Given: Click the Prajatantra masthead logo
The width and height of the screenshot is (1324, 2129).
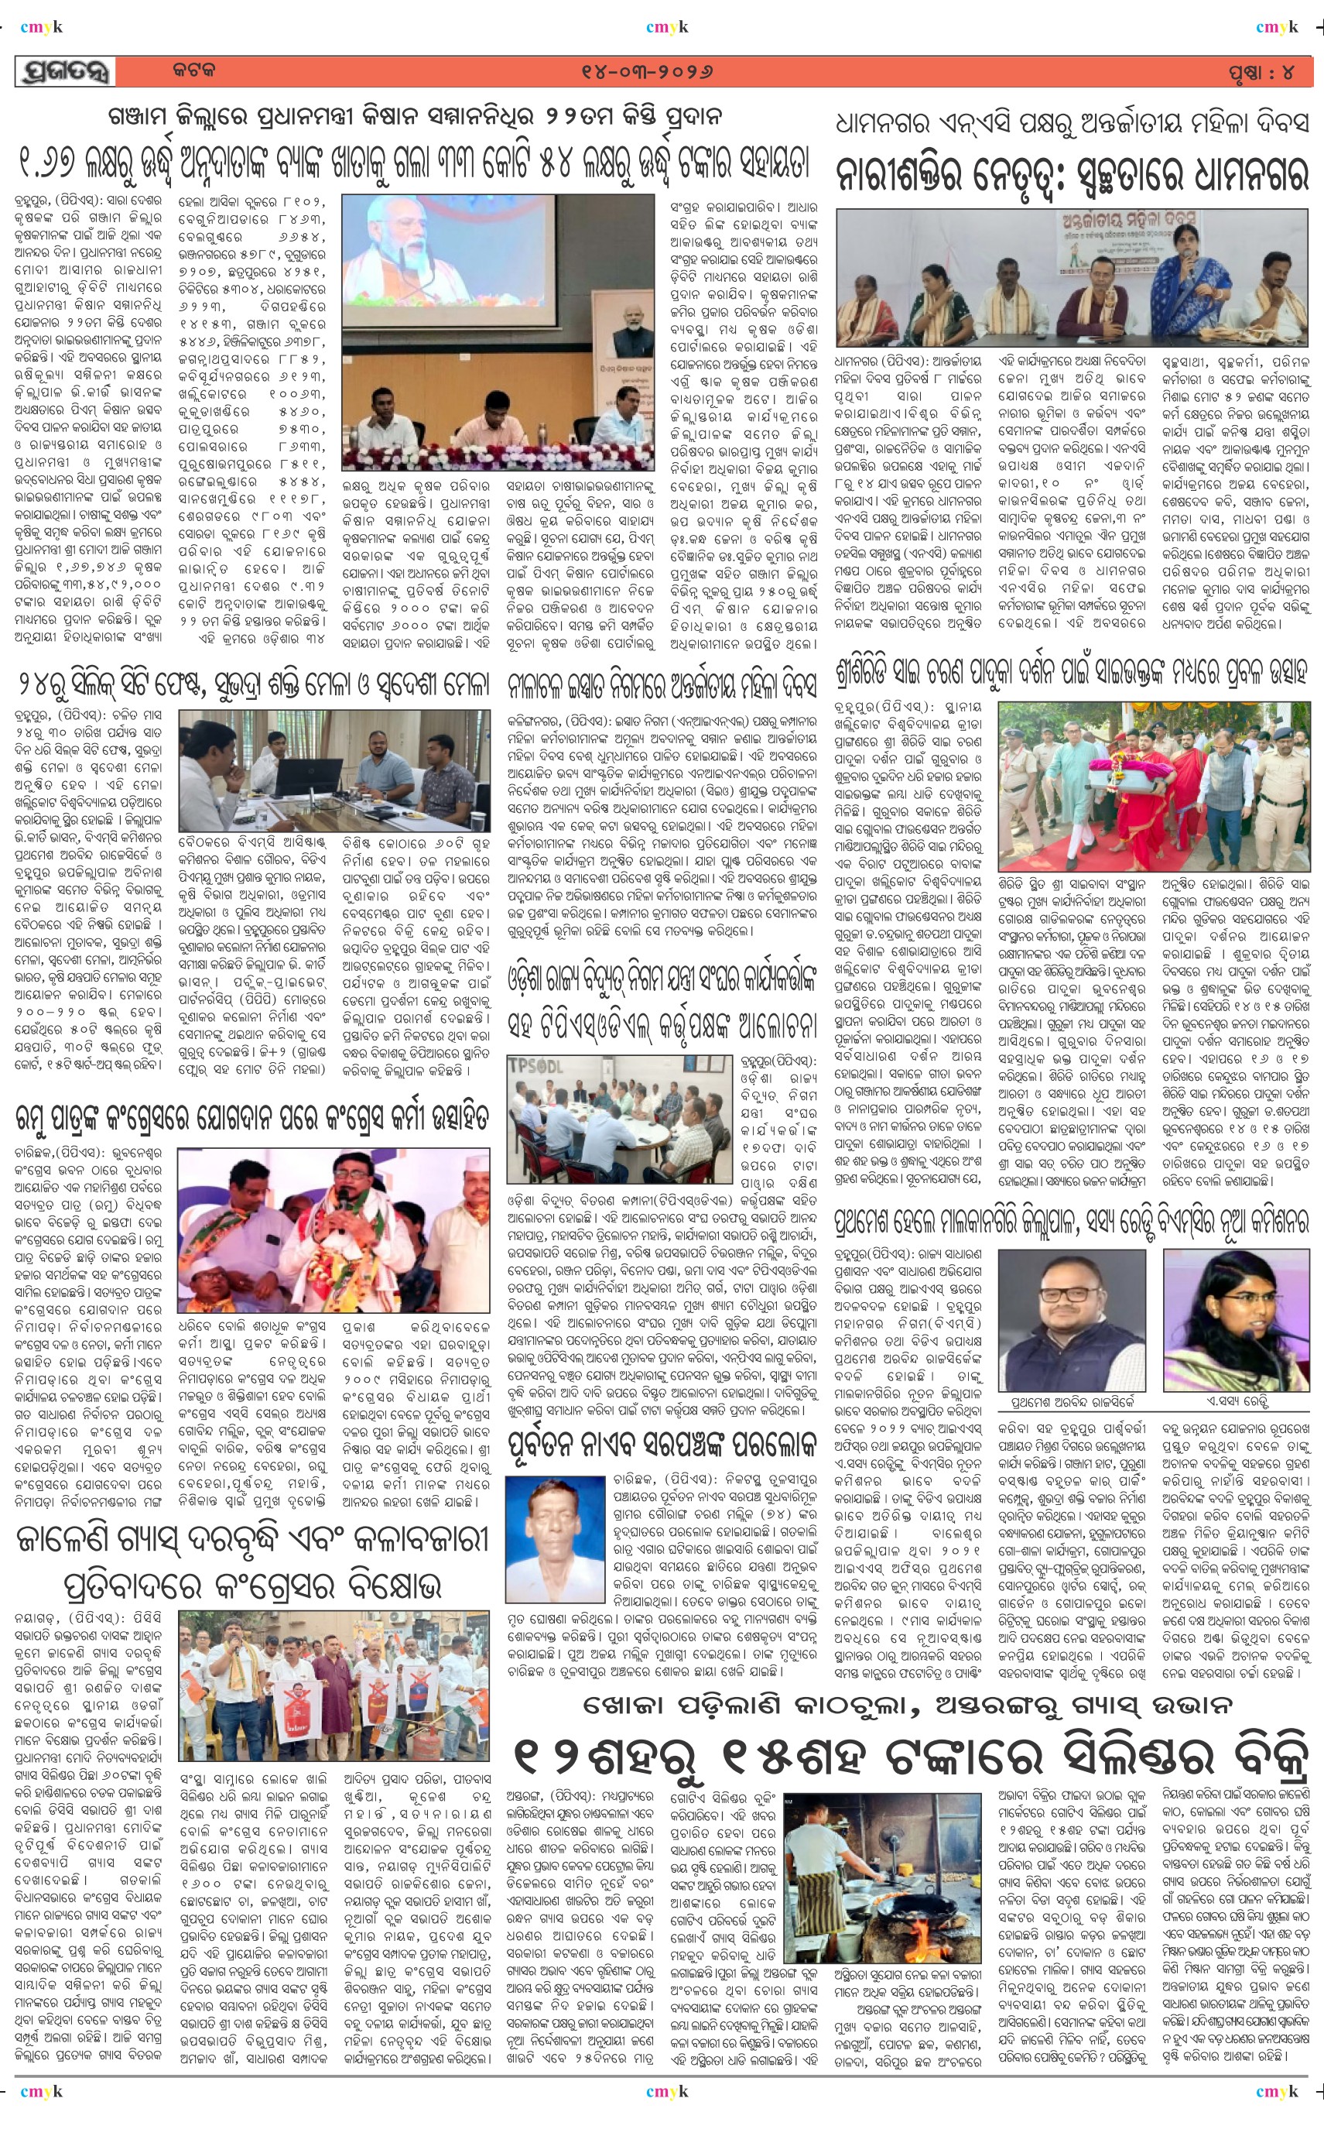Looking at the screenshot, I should coord(66,73).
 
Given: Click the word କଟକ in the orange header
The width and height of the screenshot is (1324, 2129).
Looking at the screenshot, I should coord(193,71).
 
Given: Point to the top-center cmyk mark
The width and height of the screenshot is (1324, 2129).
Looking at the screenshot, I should coord(666,27).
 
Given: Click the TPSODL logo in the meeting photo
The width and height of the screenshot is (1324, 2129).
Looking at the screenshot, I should coord(537,1068).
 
